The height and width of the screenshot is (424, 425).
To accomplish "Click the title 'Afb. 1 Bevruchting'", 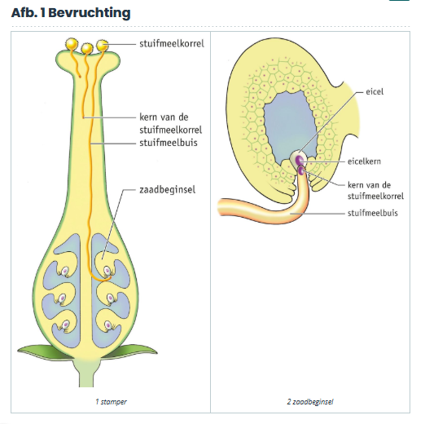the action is click(71, 13).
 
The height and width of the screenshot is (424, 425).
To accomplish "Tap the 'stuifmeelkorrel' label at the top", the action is click(172, 44).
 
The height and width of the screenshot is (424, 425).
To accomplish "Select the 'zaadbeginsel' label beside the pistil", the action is click(168, 190).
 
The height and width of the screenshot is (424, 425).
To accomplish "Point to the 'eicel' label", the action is click(375, 91).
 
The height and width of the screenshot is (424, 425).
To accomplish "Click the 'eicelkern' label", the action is click(364, 161).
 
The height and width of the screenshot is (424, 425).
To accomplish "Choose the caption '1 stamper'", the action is click(111, 401).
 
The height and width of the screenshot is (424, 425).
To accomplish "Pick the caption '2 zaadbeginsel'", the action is click(310, 401).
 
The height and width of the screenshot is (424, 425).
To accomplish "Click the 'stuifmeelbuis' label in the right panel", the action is click(373, 213).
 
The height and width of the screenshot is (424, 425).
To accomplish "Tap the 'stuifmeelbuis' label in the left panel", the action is click(169, 143).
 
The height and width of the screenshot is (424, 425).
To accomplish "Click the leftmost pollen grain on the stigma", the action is click(72, 43).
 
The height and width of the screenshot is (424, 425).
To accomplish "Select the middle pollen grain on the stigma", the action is click(87, 49).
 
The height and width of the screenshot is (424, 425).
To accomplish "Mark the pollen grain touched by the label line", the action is click(103, 46).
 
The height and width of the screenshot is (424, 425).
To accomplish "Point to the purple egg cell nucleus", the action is click(299, 160).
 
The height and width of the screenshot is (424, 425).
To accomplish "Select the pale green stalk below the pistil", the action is click(86, 373).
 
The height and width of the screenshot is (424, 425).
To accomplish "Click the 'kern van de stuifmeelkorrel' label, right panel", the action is click(375, 191).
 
